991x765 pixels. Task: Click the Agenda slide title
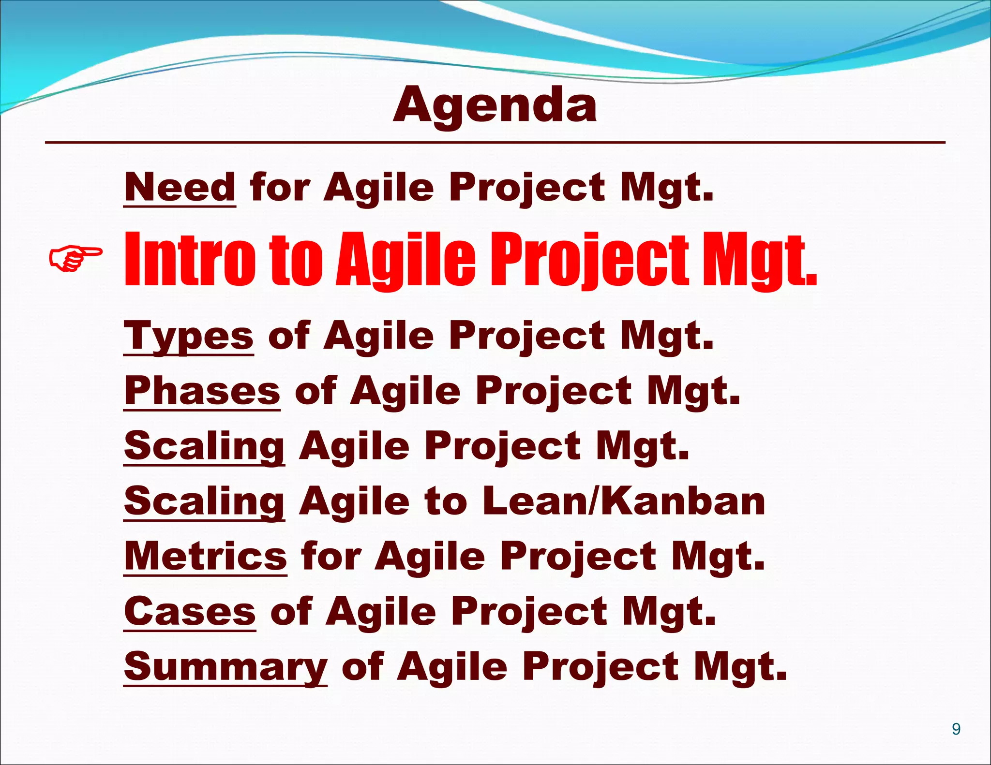[495, 105]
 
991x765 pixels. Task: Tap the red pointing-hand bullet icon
[75, 258]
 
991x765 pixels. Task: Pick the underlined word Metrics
[205, 556]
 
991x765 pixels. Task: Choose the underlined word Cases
[190, 611]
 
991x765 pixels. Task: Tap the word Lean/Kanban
[624, 501]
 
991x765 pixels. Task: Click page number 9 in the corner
[956, 729]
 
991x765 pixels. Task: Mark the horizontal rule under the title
[495, 143]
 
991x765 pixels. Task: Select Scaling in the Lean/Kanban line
[204, 501]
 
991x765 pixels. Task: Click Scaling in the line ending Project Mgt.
[204, 446]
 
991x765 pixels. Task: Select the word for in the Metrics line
[331, 556]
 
